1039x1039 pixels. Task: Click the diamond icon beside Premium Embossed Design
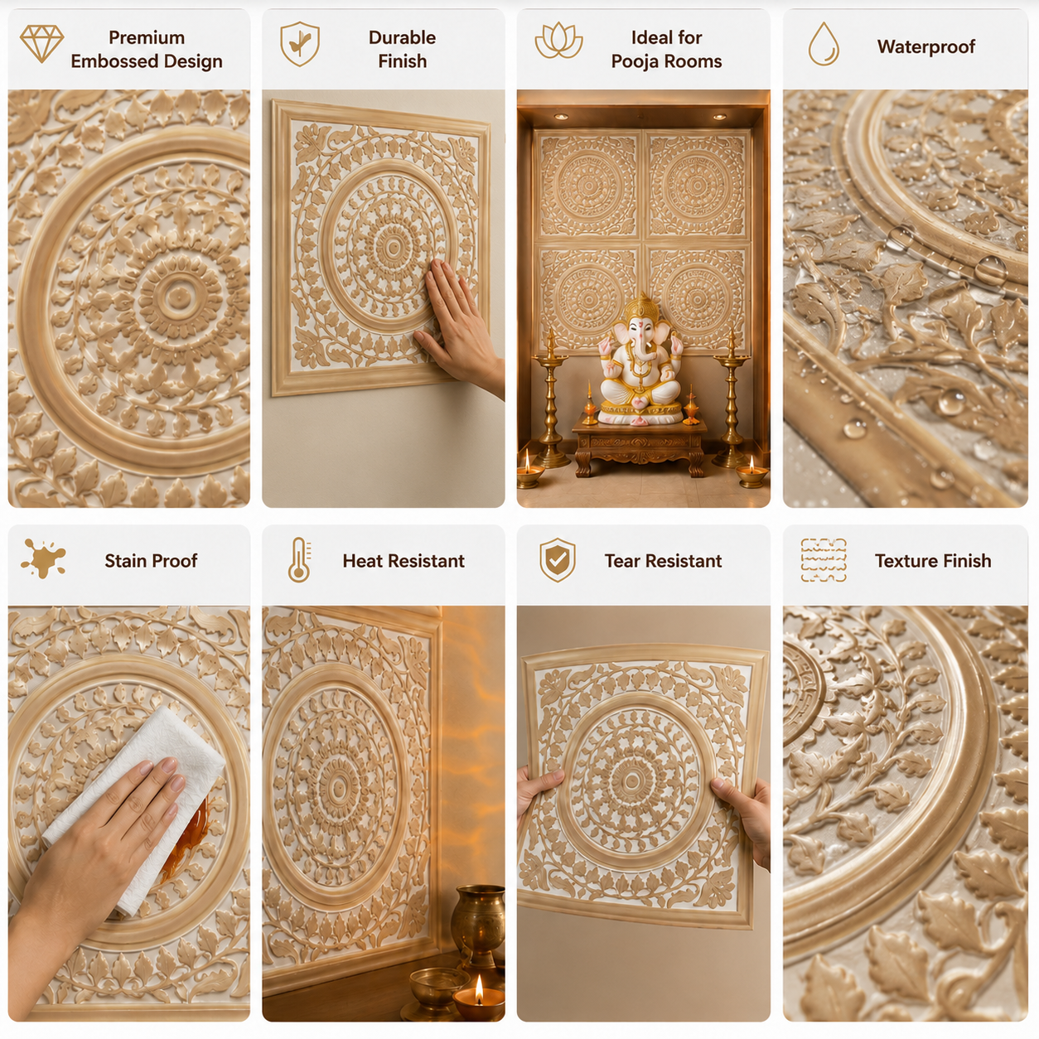(x=42, y=43)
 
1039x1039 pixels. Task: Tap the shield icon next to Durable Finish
(x=300, y=44)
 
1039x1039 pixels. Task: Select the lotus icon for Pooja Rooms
(x=558, y=41)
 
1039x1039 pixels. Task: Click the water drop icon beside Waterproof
(x=824, y=44)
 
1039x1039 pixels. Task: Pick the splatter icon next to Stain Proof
(x=43, y=558)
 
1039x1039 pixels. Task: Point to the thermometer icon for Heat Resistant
(x=300, y=559)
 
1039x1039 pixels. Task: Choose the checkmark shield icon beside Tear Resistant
(x=558, y=559)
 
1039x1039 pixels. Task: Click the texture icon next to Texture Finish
(x=824, y=560)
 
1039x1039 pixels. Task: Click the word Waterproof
(x=925, y=47)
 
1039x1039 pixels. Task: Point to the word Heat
(x=362, y=561)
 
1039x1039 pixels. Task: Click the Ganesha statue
(x=640, y=360)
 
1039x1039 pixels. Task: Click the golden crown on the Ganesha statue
(x=640, y=308)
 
